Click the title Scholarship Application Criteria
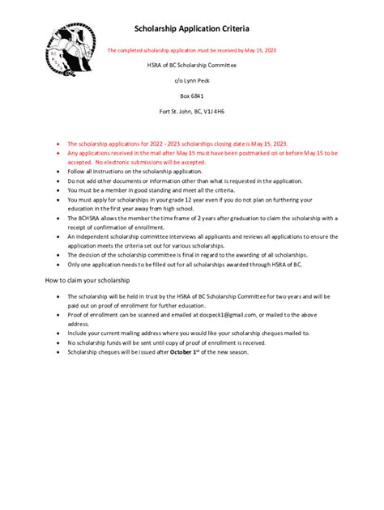click(x=191, y=28)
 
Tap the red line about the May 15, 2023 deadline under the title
click(x=192, y=50)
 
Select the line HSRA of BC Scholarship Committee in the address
click(x=191, y=65)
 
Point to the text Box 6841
click(x=192, y=96)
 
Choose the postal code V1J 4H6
click(x=213, y=110)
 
